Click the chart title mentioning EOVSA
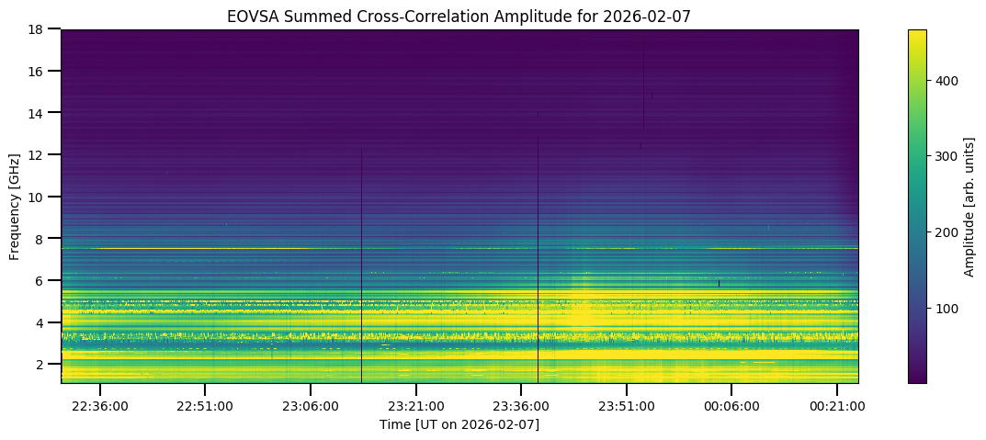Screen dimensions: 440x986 click(459, 16)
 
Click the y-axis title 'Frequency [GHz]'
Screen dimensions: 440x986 click(15, 206)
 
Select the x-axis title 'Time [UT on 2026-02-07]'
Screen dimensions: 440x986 click(459, 424)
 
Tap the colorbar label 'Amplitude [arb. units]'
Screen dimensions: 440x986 click(969, 206)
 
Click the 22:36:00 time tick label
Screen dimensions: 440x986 click(100, 404)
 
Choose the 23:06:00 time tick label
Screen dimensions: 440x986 click(311, 404)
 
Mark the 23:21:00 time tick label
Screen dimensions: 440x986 click(416, 404)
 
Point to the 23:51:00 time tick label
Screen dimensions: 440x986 click(627, 404)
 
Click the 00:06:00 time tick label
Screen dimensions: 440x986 click(731, 404)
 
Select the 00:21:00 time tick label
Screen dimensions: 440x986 click(837, 404)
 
